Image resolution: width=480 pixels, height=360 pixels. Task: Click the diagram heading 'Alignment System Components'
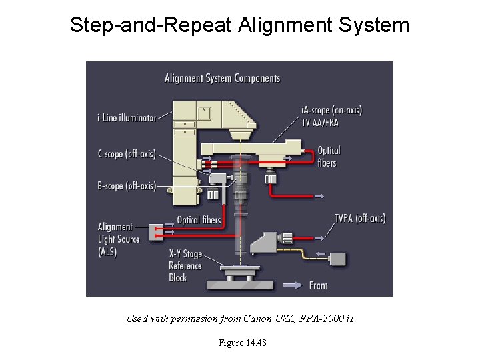tap(222, 79)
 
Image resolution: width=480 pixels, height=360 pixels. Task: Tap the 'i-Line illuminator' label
tap(127, 118)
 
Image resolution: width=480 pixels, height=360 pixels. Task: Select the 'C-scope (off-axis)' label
tap(126, 154)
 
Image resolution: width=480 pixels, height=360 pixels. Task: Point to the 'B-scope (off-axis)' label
tap(126, 186)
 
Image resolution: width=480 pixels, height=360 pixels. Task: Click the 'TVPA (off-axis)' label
tap(359, 218)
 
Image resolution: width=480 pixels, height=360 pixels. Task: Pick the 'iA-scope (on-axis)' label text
tap(331, 110)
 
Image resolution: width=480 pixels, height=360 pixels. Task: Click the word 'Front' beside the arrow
tap(318, 285)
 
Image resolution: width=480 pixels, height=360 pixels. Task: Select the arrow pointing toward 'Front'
tap(294, 285)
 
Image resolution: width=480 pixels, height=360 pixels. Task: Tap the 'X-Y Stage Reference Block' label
tap(185, 265)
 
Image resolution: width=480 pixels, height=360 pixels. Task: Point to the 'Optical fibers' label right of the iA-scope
tap(328, 157)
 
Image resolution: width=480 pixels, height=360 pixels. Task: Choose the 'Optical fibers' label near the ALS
tap(198, 220)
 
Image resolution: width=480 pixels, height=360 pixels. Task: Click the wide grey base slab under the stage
tap(239, 285)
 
